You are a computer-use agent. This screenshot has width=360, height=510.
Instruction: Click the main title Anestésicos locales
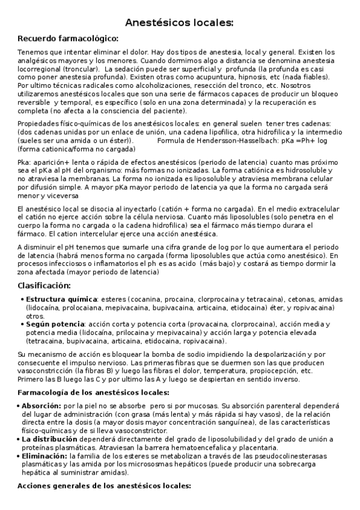pyautogui.click(x=179, y=23)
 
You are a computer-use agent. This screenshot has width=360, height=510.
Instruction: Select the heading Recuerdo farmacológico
pyautogui.click(x=68, y=39)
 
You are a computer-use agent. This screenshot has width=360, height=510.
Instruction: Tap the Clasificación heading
pyautogui.click(x=44, y=285)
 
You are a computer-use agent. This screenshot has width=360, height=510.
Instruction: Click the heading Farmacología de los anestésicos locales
pyautogui.click(x=93, y=393)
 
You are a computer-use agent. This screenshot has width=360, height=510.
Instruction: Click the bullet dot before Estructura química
pyautogui.click(x=22, y=299)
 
